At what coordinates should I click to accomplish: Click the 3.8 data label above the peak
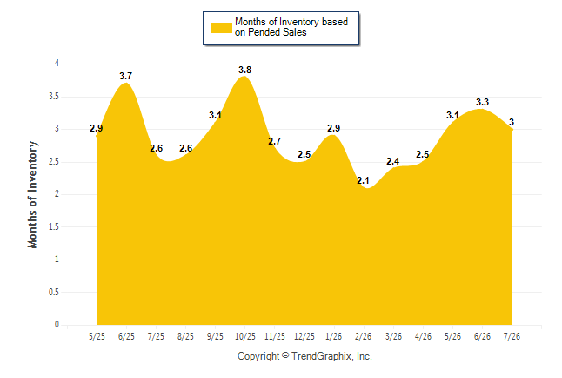[244, 70]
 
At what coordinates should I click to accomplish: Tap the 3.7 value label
[125, 76]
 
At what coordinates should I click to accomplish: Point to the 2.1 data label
[363, 180]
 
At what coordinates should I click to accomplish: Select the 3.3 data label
[482, 102]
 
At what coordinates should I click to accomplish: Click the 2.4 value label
[392, 161]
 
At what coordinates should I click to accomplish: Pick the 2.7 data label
[274, 141]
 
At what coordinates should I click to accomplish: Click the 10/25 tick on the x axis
[244, 336]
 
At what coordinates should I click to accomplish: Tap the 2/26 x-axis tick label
[363, 336]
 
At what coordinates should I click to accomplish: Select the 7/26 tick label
[512, 336]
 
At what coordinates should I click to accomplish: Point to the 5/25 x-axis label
[97, 336]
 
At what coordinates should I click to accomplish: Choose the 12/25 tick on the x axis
[304, 336]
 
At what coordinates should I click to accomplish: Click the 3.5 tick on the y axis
[54, 97]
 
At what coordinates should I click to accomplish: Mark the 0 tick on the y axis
[57, 325]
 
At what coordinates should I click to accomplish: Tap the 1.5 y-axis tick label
[54, 226]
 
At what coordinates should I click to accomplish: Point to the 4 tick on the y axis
[57, 64]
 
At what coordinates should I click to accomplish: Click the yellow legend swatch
[221, 28]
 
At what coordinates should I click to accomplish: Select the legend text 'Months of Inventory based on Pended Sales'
[291, 27]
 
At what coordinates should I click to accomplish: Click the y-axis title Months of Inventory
[32, 194]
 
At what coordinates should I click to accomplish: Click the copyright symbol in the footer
[285, 355]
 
